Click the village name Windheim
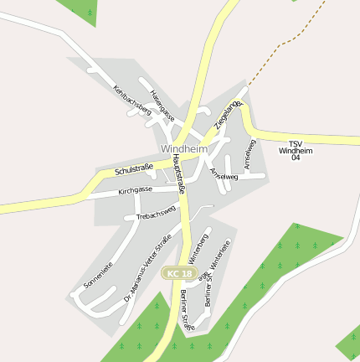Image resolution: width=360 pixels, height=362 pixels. [183, 148]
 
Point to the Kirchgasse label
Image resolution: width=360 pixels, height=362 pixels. [135, 190]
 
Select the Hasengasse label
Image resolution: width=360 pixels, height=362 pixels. [162, 102]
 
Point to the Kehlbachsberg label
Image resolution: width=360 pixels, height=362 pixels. [131, 99]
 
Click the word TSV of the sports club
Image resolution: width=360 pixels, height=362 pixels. [295, 143]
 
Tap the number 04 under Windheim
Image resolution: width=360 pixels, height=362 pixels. [295, 158]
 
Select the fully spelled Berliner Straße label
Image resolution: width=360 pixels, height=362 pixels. [186, 311]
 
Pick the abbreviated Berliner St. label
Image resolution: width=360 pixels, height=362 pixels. [207, 290]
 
